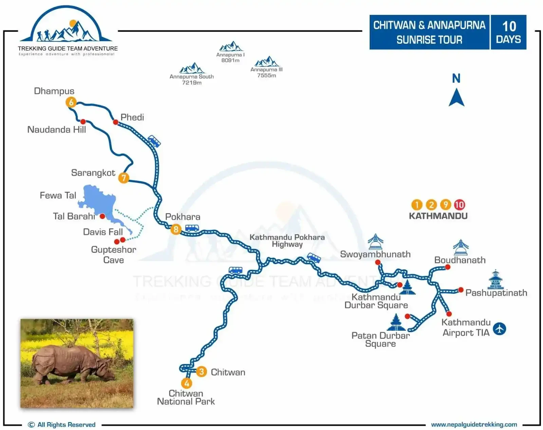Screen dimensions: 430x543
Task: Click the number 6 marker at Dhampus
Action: point(71,102)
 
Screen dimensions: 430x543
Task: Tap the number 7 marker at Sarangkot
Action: point(124,178)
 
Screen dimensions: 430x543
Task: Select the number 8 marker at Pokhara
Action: point(176,229)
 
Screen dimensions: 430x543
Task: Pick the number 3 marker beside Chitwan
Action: point(201,372)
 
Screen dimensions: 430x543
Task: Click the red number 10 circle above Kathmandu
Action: point(460,205)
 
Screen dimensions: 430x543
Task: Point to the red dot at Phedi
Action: point(115,122)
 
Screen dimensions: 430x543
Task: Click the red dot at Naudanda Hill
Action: point(83,121)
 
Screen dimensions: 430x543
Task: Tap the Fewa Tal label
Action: point(58,196)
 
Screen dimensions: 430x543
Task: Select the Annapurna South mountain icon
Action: point(192,68)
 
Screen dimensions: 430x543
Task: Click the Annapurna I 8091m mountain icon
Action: point(231,46)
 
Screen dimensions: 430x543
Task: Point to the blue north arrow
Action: point(456,97)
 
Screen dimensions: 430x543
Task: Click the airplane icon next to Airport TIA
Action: point(500,328)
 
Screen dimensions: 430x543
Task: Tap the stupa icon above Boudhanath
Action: point(461,247)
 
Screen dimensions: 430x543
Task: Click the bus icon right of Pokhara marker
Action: point(192,228)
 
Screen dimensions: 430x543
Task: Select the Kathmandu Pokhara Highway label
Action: point(287,241)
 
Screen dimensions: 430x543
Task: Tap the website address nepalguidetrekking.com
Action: point(474,424)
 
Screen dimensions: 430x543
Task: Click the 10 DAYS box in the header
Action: point(508,32)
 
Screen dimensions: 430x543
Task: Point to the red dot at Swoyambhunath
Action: point(378,262)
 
